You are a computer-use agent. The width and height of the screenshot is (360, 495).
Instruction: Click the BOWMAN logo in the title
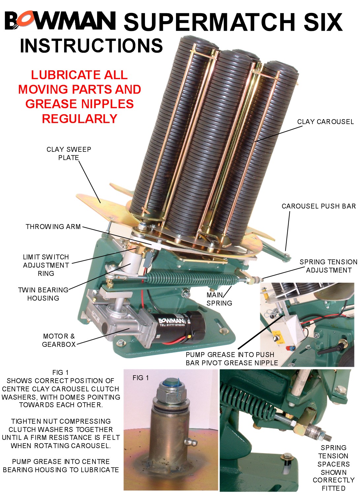point(60,20)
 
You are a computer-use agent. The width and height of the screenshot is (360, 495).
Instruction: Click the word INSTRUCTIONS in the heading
point(91,46)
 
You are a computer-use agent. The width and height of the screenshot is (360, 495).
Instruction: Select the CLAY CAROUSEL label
point(325,122)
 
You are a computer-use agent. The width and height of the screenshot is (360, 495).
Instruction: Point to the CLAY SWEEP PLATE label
point(69,153)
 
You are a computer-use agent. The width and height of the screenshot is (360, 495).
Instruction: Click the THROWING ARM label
point(53,227)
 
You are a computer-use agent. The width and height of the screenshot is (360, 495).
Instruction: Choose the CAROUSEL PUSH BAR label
point(318,206)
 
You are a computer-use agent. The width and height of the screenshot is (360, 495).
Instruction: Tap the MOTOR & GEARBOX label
point(59,340)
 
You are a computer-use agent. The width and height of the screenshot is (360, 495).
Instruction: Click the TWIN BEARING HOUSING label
point(43,294)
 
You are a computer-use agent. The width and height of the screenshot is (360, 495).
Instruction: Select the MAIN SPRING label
point(219,299)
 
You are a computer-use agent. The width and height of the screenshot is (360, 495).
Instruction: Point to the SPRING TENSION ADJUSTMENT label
point(328,266)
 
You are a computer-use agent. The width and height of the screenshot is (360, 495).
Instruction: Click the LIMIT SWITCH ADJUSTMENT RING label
point(46,265)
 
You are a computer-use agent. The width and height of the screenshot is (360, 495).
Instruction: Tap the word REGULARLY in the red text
point(80,119)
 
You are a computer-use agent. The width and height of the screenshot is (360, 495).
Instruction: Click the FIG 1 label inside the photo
point(141,378)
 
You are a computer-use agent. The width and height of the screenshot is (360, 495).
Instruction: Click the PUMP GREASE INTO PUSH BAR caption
point(232,359)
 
